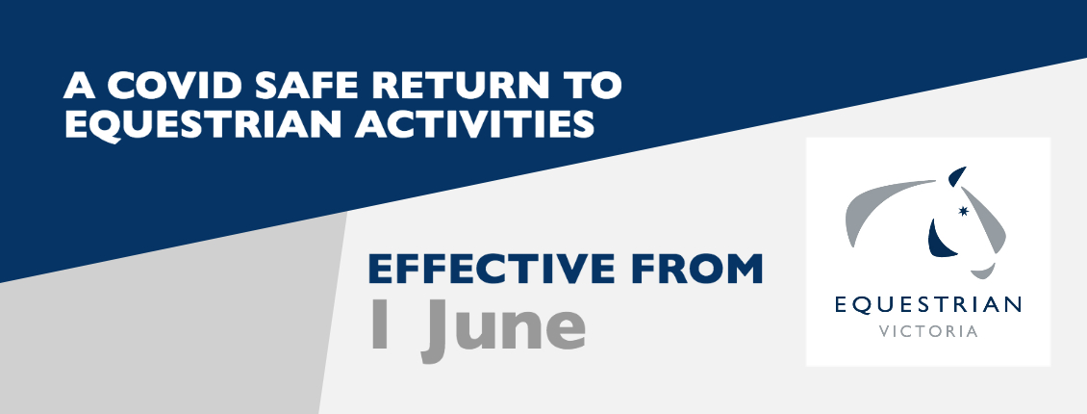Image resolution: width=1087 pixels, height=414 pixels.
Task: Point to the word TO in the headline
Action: point(592,86)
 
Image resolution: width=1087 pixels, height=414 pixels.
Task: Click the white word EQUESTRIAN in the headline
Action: point(202,125)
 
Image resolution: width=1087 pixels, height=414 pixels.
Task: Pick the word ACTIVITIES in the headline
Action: point(475,125)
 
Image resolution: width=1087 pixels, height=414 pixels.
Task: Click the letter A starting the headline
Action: point(79,86)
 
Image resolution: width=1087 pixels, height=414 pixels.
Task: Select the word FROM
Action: point(696,269)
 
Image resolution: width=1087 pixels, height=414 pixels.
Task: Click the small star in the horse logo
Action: point(962,211)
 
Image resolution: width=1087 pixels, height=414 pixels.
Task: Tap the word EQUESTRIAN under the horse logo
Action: point(928,305)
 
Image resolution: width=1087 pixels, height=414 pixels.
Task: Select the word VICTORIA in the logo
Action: point(928,331)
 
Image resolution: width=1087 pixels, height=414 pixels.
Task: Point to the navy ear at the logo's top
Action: point(956,176)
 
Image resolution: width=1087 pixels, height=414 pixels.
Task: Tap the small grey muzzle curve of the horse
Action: point(984,272)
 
